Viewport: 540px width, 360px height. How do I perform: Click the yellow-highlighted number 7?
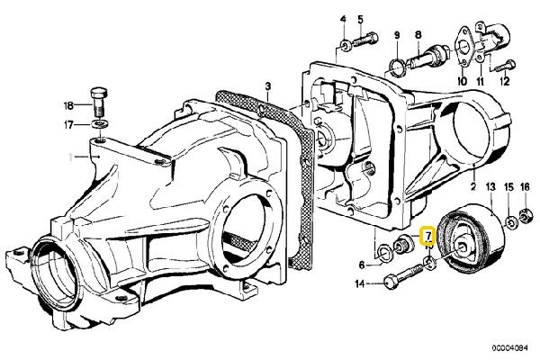point(428,236)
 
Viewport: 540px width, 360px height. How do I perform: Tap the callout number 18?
point(68,105)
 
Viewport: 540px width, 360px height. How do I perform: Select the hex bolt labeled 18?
point(99,102)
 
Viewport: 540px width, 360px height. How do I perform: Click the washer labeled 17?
point(99,123)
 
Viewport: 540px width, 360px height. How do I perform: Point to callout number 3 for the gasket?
point(267,85)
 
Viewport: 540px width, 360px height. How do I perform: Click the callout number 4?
point(343,19)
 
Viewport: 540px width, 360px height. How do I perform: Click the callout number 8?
point(418,35)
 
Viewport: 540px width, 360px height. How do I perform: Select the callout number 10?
point(463,81)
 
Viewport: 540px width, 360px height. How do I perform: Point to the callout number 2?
point(473,186)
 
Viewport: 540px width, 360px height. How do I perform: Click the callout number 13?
point(490,187)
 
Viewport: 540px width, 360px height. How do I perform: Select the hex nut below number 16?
point(525,216)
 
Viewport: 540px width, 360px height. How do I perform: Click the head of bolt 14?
point(391,281)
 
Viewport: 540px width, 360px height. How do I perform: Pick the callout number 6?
point(362,265)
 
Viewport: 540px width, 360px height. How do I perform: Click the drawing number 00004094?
point(509,348)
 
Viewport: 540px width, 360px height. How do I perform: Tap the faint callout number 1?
point(70,157)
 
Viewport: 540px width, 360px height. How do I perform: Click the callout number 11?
point(480,81)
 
